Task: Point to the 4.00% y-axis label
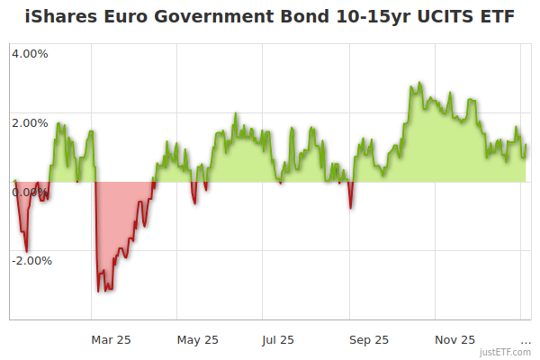[30, 53]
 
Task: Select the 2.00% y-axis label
[30, 122]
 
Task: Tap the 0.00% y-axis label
[30, 192]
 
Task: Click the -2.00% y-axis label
[31, 261]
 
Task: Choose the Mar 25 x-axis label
[112, 339]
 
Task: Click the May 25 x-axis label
[198, 339]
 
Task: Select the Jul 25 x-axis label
[278, 339]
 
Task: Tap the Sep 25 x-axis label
[369, 339]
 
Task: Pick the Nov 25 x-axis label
[455, 339]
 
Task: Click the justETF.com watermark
[505, 352]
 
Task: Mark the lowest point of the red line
[98, 292]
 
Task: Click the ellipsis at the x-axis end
[526, 340]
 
